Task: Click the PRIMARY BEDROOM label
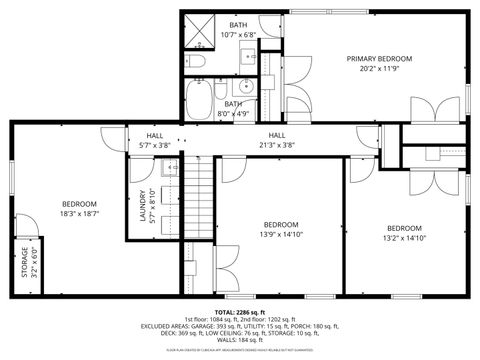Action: point(379,59)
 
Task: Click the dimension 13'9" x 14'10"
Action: point(281,234)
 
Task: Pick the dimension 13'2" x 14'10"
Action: point(406,237)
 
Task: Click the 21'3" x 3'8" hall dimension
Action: point(281,145)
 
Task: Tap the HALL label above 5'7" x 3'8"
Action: point(155,135)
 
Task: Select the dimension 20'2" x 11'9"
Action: point(379,70)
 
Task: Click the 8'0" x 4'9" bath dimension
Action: point(232,113)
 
